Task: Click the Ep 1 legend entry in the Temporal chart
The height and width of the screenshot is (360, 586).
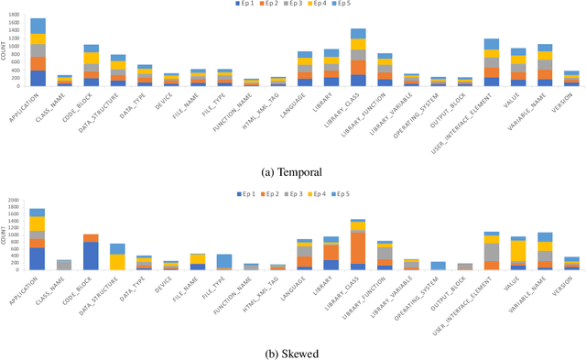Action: pos(243,5)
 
